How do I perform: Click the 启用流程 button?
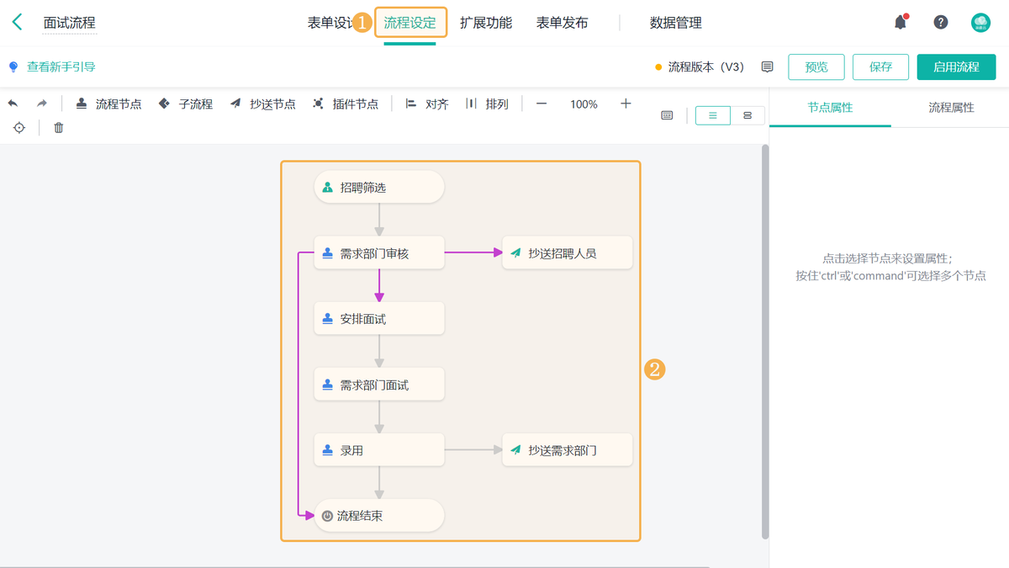point(956,67)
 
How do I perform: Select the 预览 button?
point(816,67)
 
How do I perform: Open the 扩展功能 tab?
point(485,23)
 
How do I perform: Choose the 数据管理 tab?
point(675,23)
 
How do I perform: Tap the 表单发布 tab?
point(562,23)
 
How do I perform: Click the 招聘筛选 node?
point(378,188)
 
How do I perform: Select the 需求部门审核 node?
point(378,253)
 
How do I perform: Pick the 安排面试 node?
point(378,319)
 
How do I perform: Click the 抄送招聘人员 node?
point(567,253)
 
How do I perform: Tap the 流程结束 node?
point(378,516)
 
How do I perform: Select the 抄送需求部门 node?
point(567,450)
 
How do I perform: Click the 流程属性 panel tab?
point(951,108)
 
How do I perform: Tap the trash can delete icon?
point(59,128)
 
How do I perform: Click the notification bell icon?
point(900,23)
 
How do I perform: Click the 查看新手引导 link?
point(61,66)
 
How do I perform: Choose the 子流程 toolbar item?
point(186,104)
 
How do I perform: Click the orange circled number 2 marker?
point(654,369)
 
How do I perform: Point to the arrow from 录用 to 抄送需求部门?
point(473,450)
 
